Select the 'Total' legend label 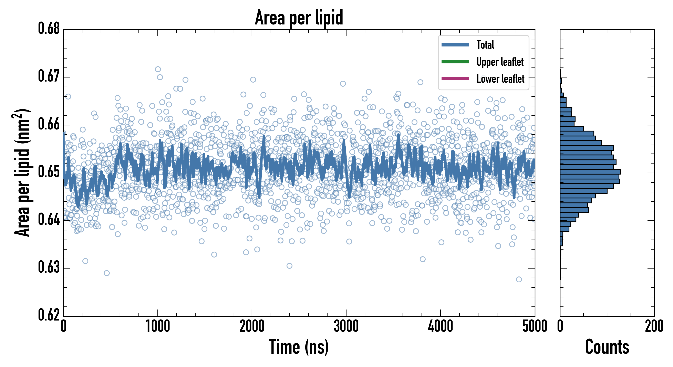[485, 45]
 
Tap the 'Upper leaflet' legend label [500, 62]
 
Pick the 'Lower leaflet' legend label [500, 79]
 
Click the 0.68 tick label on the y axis [49, 29]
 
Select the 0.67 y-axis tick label [49, 76]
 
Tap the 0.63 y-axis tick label [49, 267]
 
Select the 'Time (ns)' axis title [299, 347]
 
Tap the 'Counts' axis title [607, 347]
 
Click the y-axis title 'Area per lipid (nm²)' [22, 172]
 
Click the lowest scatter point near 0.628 [519, 280]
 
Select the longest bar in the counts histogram [590, 172]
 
